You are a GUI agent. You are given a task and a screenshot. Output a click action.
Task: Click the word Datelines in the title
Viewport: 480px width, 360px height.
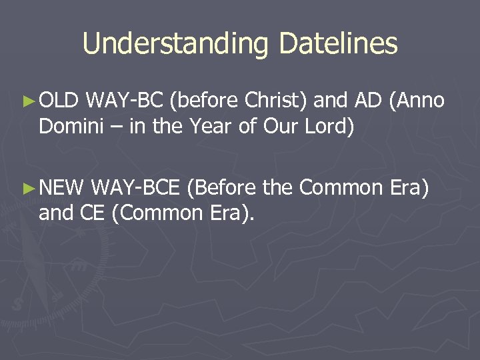[x=339, y=44]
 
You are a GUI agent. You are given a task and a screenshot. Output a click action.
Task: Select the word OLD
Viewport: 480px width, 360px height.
[x=60, y=101]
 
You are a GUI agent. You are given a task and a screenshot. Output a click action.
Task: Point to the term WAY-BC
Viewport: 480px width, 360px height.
[x=127, y=101]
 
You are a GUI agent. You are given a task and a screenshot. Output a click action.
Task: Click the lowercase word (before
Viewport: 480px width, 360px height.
[x=204, y=101]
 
